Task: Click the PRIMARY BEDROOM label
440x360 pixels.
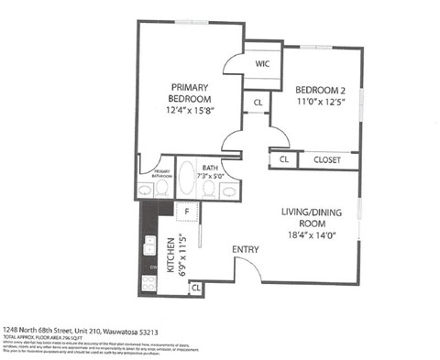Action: tap(190, 92)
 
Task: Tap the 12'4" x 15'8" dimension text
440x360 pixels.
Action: tap(190, 110)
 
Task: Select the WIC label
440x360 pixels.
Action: tap(262, 64)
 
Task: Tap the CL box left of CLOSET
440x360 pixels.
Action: tap(284, 159)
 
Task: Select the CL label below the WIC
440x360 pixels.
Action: tap(258, 103)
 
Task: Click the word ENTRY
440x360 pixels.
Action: tap(245, 249)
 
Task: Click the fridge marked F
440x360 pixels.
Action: tap(187, 213)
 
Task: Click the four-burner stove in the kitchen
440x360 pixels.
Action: tap(148, 284)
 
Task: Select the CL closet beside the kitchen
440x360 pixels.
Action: tap(195, 289)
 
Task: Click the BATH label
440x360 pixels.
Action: tap(210, 168)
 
